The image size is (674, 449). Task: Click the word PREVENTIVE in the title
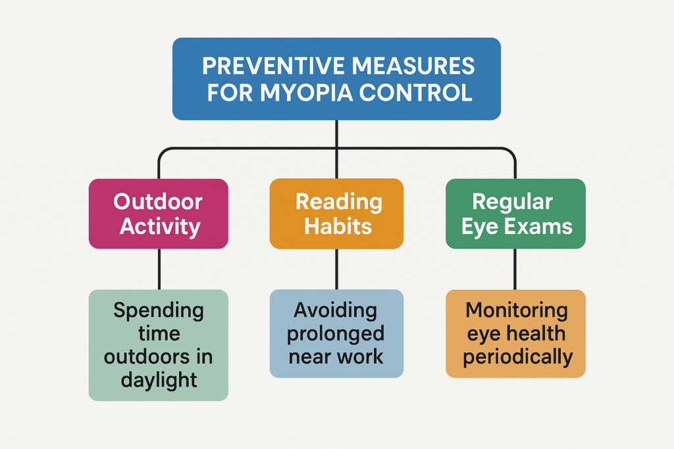tap(273, 66)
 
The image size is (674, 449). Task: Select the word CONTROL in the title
tap(416, 92)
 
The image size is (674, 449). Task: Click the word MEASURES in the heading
tap(413, 66)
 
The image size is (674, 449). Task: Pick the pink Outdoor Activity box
tap(158, 214)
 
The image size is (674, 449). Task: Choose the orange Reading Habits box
tap(336, 214)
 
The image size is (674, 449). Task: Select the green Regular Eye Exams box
tap(515, 214)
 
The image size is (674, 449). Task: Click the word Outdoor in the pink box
tap(158, 201)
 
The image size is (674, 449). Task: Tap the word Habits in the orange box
tap(338, 226)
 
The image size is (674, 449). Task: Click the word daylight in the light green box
tap(159, 381)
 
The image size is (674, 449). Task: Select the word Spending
tap(159, 311)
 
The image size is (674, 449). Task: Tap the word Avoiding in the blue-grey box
tap(335, 310)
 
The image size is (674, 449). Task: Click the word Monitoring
tap(516, 310)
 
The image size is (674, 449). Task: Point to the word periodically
tap(517, 357)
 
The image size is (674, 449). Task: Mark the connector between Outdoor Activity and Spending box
tap(159, 269)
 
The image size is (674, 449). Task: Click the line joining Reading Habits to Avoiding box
tap(336, 269)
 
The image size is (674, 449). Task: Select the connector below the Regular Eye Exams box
tap(515, 269)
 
